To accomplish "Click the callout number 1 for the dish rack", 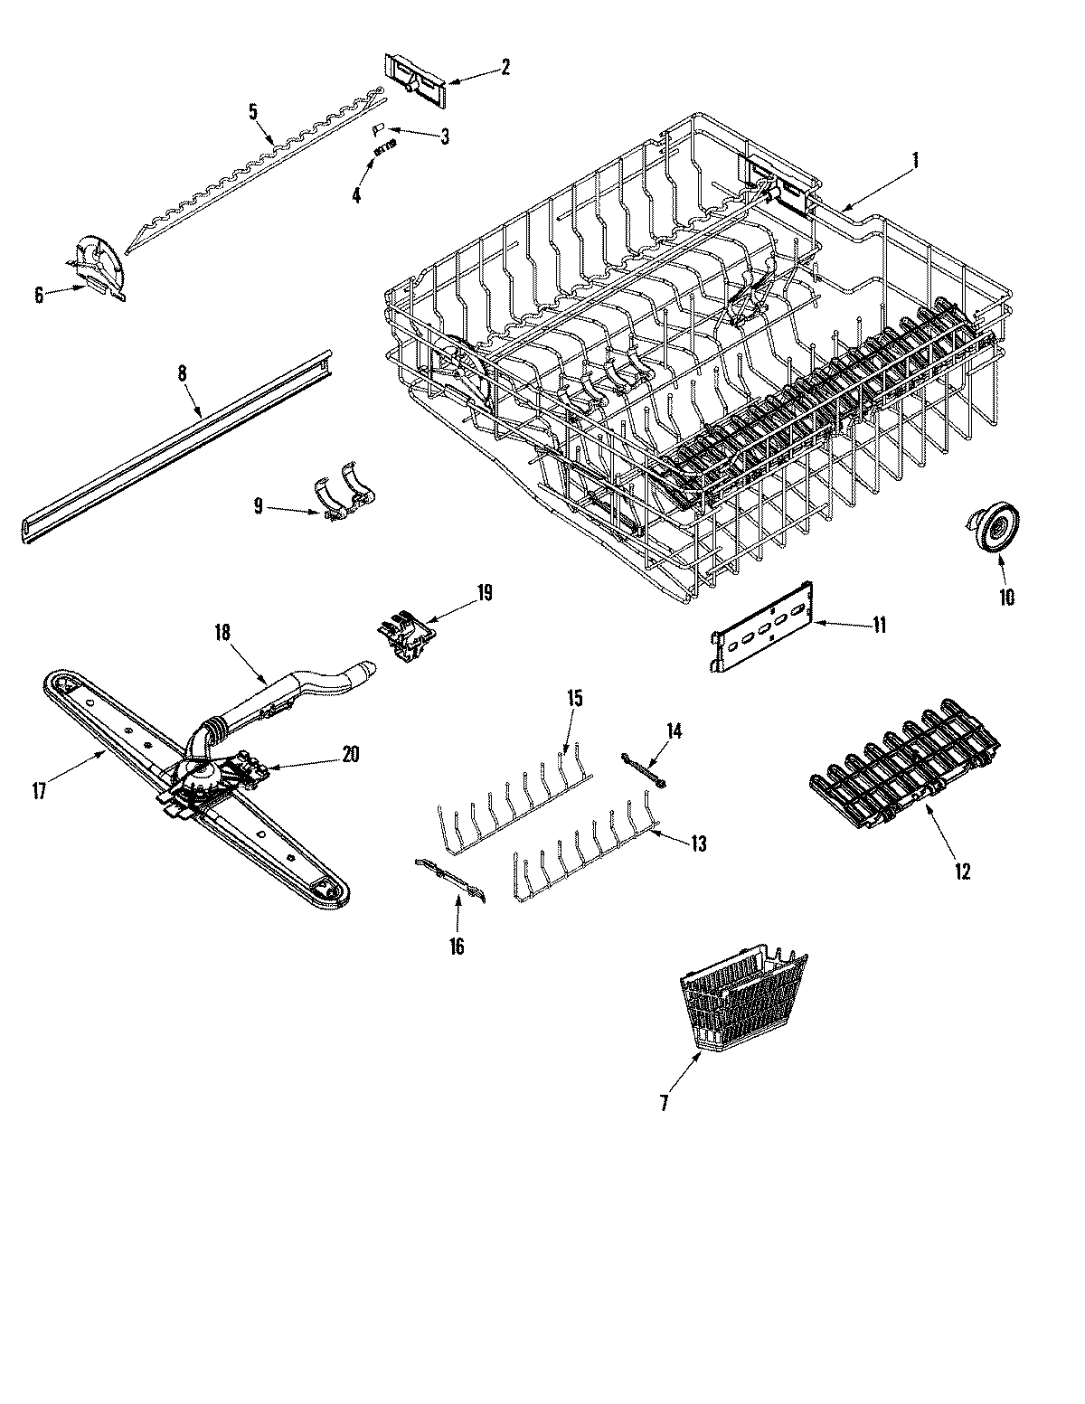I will [915, 162].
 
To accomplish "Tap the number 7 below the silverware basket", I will [665, 1103].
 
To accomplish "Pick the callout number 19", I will [484, 594].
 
